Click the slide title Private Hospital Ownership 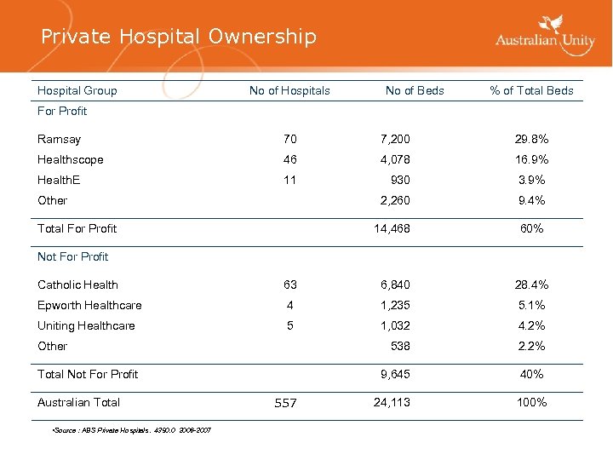(179, 37)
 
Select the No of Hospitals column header (289, 90)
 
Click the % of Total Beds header (531, 90)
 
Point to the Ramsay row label (59, 139)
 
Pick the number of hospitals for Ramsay (290, 139)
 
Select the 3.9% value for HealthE (531, 180)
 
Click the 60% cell (531, 228)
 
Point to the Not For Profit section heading (73, 256)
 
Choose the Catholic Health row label (77, 285)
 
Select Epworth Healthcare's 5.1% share (531, 305)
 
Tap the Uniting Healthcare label (86, 325)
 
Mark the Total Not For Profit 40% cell (531, 374)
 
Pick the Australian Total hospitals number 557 (285, 403)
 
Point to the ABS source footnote (132, 428)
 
